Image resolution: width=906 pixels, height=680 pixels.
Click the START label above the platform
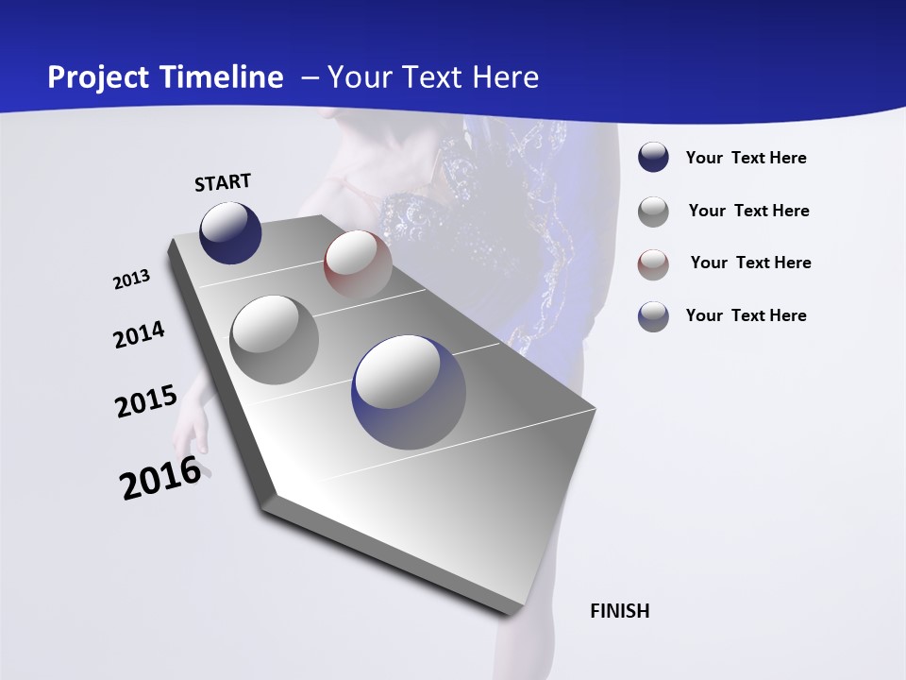pyautogui.click(x=223, y=182)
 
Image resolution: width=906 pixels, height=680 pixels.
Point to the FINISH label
pyautogui.click(x=619, y=611)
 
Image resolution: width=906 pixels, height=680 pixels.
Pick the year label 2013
pyautogui.click(x=131, y=280)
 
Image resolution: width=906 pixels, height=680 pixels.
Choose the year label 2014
pyautogui.click(x=139, y=334)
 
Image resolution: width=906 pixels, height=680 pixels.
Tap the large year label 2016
pyautogui.click(x=160, y=477)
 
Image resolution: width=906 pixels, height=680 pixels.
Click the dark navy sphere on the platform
pyautogui.click(x=230, y=232)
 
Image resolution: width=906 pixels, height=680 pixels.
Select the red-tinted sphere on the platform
pyautogui.click(x=358, y=264)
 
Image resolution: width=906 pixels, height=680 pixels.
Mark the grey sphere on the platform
pyautogui.click(x=275, y=339)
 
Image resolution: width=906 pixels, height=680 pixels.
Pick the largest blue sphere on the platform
pyautogui.click(x=409, y=392)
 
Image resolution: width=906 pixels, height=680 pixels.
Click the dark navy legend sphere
pyautogui.click(x=653, y=158)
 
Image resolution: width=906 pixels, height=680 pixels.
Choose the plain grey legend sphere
pyautogui.click(x=653, y=212)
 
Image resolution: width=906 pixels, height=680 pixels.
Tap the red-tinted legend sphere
pyautogui.click(x=653, y=263)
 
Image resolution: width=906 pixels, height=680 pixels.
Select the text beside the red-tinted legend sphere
pyautogui.click(x=750, y=263)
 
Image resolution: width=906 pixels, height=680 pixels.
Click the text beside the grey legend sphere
pyautogui.click(x=748, y=211)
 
